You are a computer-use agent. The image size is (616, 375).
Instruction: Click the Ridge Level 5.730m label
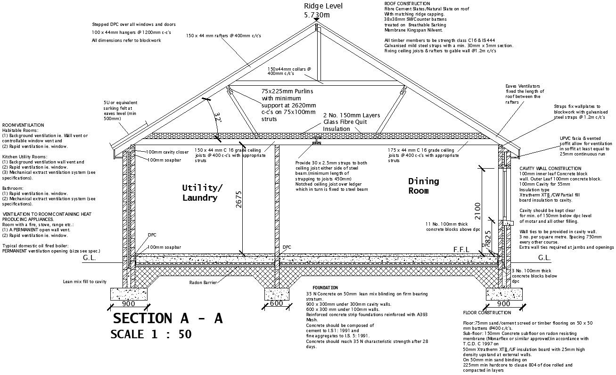[x=323, y=10]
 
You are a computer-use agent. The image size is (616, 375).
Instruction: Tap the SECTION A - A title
[x=167, y=318]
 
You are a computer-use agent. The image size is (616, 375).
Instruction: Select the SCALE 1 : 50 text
[x=151, y=334]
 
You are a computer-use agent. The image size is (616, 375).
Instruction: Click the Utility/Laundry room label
[x=202, y=193]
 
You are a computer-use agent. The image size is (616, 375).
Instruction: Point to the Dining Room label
[x=423, y=186]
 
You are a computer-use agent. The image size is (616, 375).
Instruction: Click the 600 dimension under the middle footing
[x=276, y=303]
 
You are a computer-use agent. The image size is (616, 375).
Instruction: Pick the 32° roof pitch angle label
[x=217, y=118]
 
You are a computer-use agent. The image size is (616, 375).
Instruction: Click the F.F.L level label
[x=461, y=249]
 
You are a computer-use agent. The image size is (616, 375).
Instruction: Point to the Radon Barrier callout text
[x=203, y=283]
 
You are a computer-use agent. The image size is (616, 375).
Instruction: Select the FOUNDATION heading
[x=325, y=287]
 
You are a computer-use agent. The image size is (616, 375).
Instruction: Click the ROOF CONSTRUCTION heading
[x=407, y=3]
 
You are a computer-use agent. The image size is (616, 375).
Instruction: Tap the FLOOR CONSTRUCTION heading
[x=487, y=313]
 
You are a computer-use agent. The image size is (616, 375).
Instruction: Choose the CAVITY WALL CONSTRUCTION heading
[x=550, y=168]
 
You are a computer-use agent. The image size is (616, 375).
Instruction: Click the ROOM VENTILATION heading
[x=23, y=125]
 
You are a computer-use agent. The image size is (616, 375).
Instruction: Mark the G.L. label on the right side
[x=544, y=258]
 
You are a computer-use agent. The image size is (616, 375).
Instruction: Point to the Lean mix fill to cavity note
[x=85, y=282]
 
